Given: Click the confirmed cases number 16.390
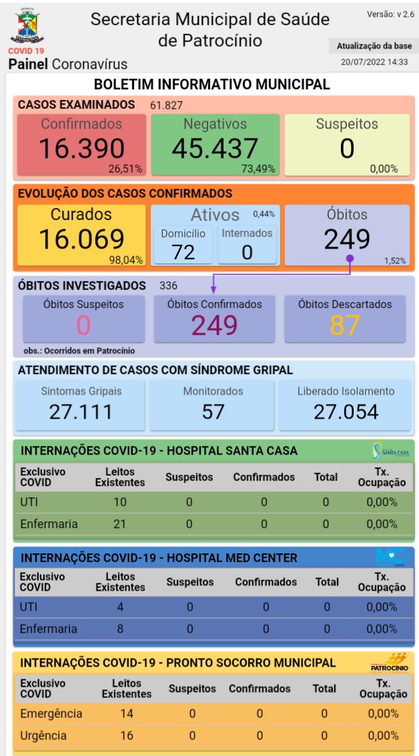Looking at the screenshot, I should click(81, 149).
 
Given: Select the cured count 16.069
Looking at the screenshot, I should click(80, 239).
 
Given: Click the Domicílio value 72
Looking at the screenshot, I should click(182, 252).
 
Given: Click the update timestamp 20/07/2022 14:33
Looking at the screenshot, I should click(377, 63).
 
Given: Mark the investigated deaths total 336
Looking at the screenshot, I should click(168, 286).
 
